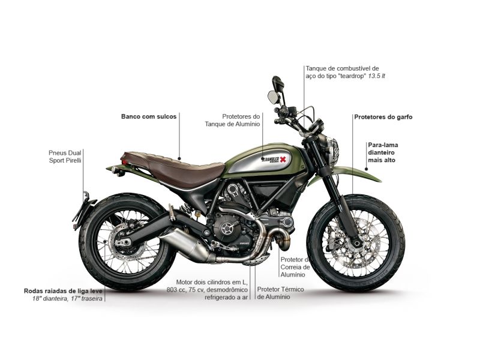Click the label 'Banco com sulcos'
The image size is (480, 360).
pyautogui.click(x=149, y=116)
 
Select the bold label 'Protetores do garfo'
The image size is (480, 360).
pyautogui.click(x=383, y=116)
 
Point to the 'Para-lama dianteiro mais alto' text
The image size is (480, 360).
pyautogui.click(x=382, y=152)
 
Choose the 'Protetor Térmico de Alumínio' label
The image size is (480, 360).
pyautogui.click(x=280, y=293)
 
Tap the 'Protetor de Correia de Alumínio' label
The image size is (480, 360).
pyautogui.click(x=295, y=267)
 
